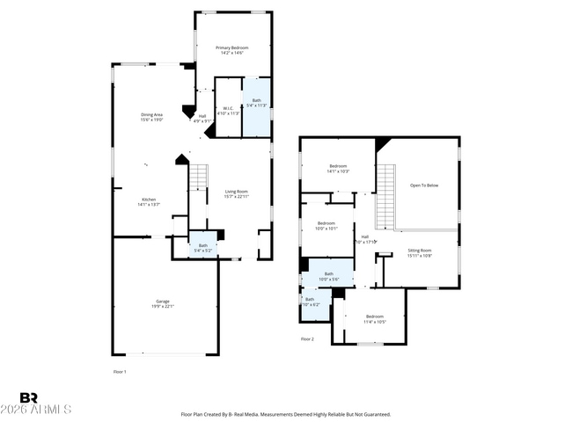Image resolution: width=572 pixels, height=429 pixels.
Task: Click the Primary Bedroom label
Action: pyautogui.click(x=232, y=50)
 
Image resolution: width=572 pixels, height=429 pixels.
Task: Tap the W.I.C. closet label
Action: pyautogui.click(x=227, y=111)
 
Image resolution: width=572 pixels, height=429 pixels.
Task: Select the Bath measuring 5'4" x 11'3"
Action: pyautogui.click(x=257, y=104)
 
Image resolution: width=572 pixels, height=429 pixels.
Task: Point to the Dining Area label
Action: pyautogui.click(x=152, y=118)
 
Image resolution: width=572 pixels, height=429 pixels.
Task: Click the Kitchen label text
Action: pyautogui.click(x=149, y=201)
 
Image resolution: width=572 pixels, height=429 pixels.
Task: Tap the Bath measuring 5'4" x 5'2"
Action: pyautogui.click(x=203, y=248)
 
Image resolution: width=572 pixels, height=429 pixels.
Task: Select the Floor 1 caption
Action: pyautogui.click(x=120, y=373)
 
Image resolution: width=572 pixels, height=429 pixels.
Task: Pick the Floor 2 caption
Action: pyautogui.click(x=307, y=338)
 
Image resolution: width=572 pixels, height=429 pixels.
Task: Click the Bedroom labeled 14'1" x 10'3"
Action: pyautogui.click(x=339, y=168)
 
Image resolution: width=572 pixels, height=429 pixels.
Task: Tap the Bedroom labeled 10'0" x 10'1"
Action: pyautogui.click(x=326, y=225)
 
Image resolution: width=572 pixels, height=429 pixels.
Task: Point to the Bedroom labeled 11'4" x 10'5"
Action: pyautogui.click(x=375, y=319)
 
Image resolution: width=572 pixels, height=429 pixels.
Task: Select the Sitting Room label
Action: pyautogui.click(x=420, y=253)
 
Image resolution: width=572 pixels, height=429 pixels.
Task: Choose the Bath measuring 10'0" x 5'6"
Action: pyautogui.click(x=329, y=276)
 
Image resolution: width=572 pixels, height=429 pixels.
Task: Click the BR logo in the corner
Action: pyautogui.click(x=28, y=398)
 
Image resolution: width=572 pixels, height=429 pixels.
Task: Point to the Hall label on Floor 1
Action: pyautogui.click(x=202, y=118)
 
